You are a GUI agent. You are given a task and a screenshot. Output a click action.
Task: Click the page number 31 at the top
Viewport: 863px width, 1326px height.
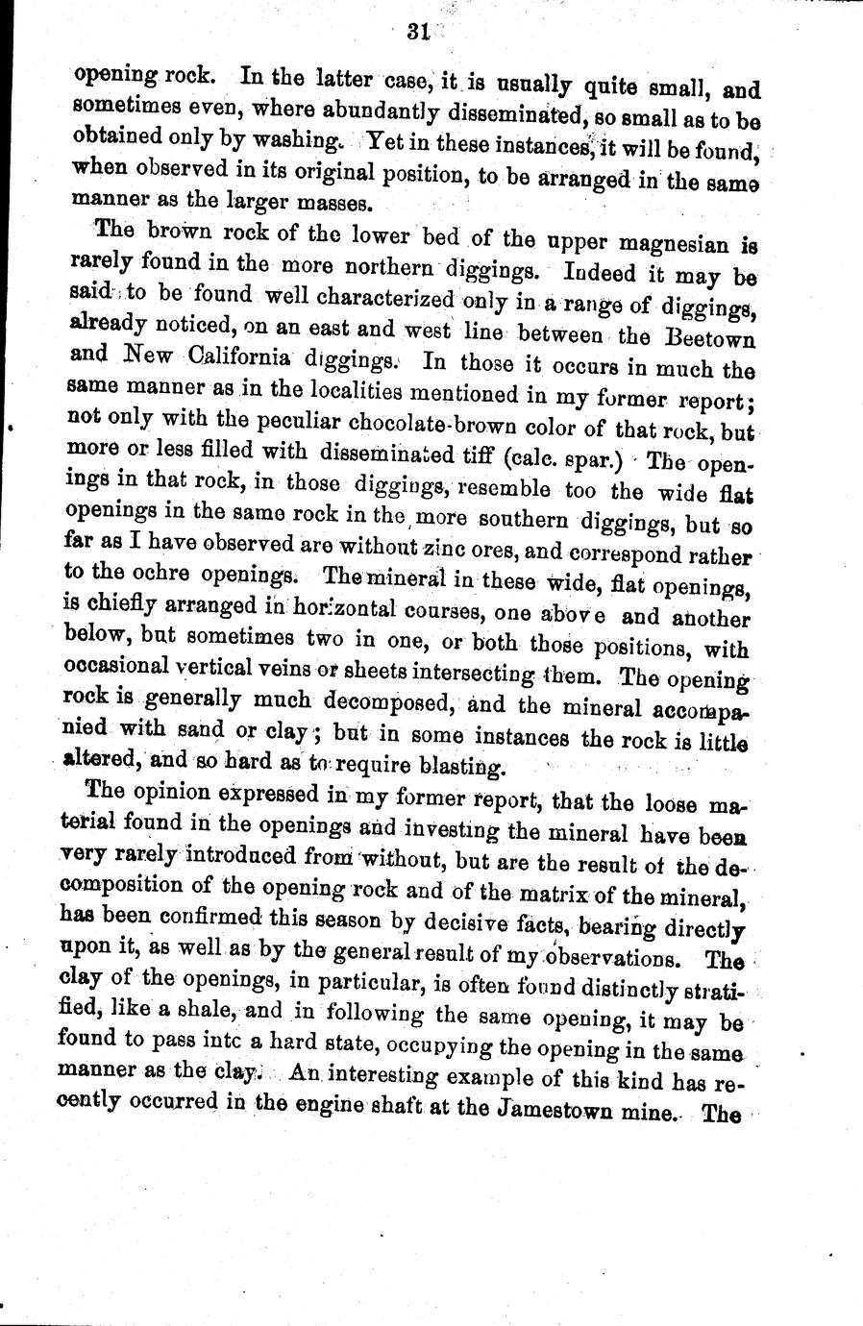click(x=416, y=31)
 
